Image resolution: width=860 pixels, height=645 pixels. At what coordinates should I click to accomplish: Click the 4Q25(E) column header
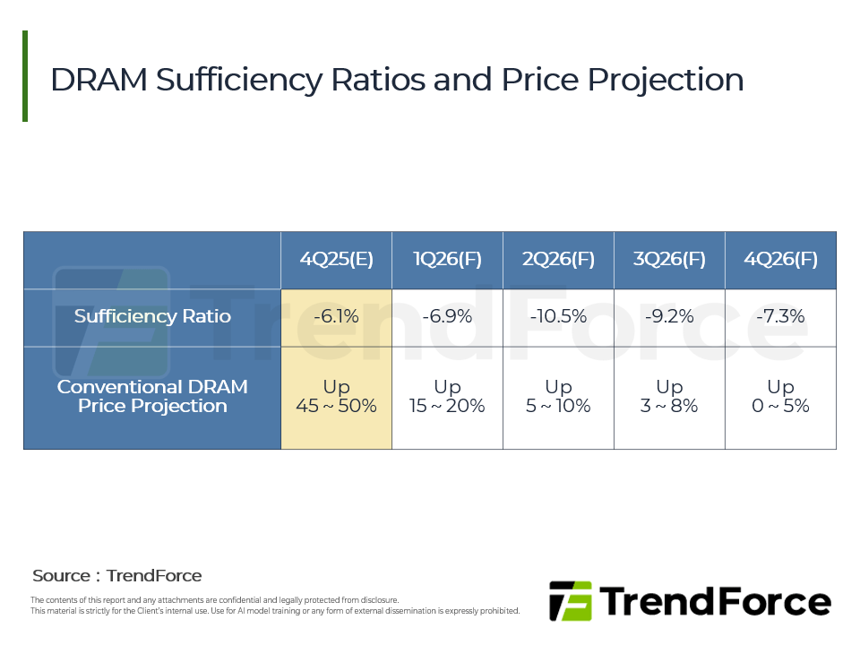coord(336,260)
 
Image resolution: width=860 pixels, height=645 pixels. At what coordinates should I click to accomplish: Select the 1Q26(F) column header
coord(447,260)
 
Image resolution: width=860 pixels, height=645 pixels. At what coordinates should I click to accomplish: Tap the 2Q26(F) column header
coord(558,260)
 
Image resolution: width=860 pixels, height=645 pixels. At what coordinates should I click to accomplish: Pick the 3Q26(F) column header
coord(669,260)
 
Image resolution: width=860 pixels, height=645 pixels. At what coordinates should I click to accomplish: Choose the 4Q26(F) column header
coord(780,260)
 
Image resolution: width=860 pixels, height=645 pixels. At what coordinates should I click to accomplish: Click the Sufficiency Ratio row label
coord(152,316)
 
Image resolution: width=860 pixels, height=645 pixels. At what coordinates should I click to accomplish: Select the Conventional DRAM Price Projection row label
coord(152,396)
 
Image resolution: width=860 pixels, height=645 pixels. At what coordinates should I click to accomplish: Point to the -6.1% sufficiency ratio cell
coord(336,316)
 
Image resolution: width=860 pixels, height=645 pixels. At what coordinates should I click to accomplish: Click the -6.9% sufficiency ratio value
coord(447,316)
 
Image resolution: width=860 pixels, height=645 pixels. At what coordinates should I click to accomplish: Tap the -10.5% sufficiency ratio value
coord(558,316)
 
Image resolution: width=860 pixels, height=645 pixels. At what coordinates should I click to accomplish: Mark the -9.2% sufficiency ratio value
coord(669,316)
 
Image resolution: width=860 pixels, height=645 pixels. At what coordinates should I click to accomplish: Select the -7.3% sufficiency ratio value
coord(780,316)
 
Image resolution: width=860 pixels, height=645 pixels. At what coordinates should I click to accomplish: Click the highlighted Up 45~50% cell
coord(336,396)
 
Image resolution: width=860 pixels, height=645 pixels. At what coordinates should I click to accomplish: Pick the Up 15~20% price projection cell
coord(447,396)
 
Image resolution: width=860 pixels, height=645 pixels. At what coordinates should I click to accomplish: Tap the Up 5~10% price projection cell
coord(558,396)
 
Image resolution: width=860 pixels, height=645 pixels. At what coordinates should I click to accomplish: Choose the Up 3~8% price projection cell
coord(669,396)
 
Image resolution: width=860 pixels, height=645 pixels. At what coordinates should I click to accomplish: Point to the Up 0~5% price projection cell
coord(780,396)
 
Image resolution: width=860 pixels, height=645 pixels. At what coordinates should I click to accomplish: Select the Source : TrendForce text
coord(117,576)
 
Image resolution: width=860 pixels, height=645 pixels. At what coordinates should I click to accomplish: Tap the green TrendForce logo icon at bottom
coord(571,601)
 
